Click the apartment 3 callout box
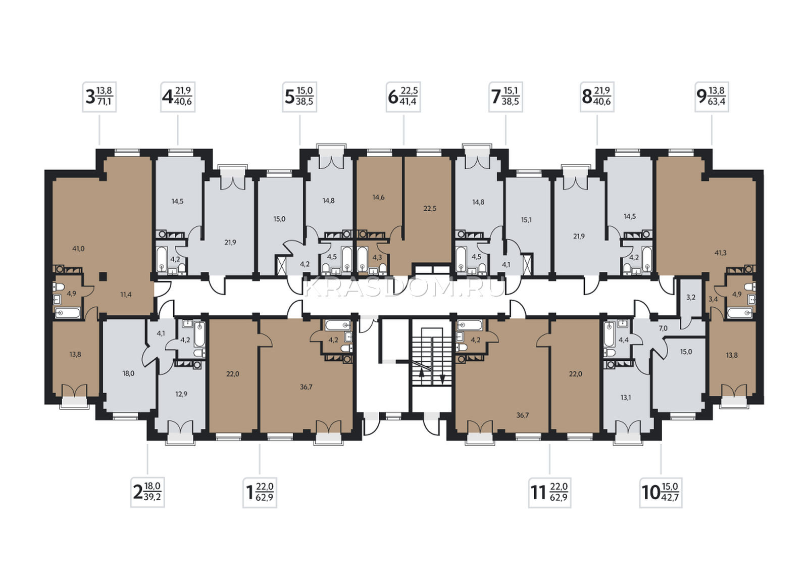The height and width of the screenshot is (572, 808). click(99, 97)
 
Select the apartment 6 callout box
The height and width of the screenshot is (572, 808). click(403, 97)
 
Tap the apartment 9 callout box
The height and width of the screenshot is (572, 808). click(712, 97)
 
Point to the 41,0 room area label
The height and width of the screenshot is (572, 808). click(78, 248)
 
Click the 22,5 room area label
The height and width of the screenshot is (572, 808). click(430, 208)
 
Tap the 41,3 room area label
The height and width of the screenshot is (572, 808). click(720, 253)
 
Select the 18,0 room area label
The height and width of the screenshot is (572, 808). click(128, 373)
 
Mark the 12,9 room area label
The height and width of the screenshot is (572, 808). click(181, 394)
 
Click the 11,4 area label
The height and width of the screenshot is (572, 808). click(126, 295)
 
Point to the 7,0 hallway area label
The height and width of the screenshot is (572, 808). click(663, 328)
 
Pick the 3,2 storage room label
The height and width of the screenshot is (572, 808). click(691, 297)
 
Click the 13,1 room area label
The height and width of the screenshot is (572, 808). click(626, 398)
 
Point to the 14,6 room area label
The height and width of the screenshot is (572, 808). click(378, 197)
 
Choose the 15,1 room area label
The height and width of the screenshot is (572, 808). click(526, 219)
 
